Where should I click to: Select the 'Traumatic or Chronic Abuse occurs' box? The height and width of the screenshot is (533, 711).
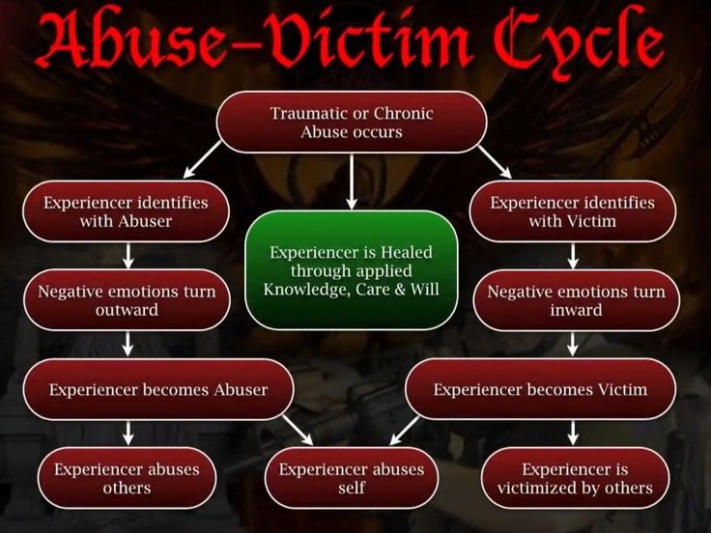[x=351, y=123]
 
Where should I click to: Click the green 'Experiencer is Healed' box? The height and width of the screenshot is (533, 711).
[x=351, y=269]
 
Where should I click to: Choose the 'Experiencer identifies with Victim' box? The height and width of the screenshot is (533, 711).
[x=572, y=211]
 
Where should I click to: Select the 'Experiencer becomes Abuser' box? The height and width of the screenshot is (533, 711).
[x=157, y=389]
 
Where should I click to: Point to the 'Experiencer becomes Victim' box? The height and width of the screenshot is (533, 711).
[x=540, y=389]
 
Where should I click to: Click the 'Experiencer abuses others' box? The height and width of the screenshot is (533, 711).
[x=127, y=478]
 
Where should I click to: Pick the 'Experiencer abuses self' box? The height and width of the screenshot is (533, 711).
[x=351, y=478]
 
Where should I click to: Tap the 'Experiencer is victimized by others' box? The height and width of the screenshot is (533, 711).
[x=575, y=478]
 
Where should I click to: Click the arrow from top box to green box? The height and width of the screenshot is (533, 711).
[x=351, y=181]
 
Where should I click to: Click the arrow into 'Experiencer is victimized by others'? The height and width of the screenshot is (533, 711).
[x=573, y=434]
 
